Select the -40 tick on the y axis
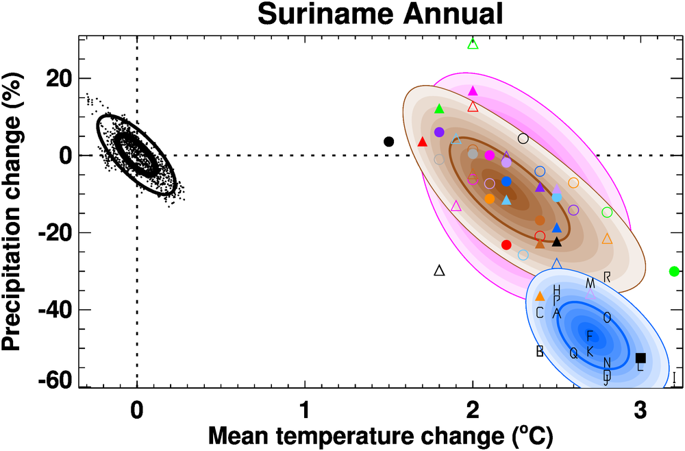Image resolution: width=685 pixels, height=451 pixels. pos(58,310)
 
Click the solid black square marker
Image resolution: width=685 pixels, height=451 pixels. pos(640,358)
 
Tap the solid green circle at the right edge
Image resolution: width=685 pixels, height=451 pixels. pos(674,271)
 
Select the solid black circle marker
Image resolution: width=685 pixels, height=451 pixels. pos(389,142)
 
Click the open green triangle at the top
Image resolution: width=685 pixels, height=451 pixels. pos(473,44)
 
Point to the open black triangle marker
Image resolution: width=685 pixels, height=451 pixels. pos(440,271)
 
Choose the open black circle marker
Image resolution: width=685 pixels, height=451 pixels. pos(523,138)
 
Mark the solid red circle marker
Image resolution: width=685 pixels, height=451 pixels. pos(507,245)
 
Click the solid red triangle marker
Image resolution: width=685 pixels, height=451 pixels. pos(423,142)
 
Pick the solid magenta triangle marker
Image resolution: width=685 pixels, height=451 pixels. pos(473,90)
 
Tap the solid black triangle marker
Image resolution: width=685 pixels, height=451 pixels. pos(557,241)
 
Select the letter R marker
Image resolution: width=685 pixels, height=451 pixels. pos(607,277)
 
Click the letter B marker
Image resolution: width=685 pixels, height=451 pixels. pos(540,351)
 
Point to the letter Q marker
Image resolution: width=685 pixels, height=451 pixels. pos(574,353)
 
